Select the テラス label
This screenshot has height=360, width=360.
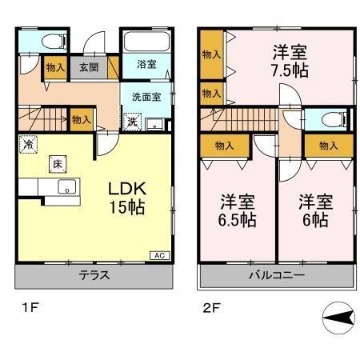(94, 277)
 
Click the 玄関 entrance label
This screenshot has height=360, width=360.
(87, 68)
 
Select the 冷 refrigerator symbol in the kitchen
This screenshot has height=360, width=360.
(28, 146)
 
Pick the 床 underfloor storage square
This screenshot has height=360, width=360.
(58, 164)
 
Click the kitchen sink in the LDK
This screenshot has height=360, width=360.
(65, 188)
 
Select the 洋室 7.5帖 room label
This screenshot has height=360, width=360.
(289, 61)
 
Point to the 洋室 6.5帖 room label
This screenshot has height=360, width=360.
(238, 210)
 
